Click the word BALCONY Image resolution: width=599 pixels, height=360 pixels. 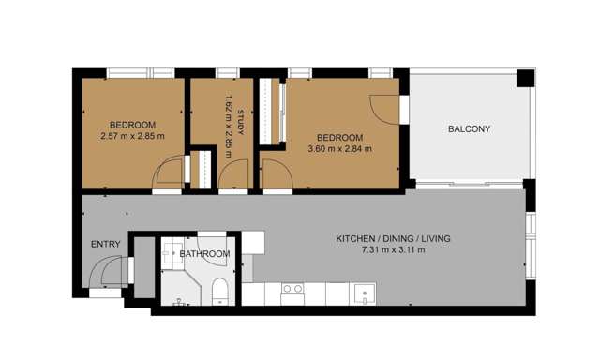click(x=469, y=129)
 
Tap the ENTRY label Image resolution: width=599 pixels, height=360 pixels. click(x=105, y=245)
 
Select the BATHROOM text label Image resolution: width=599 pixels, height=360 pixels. click(x=204, y=254)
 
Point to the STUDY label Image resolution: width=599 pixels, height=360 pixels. click(x=240, y=124)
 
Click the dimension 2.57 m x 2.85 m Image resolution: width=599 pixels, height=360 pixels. click(x=132, y=137)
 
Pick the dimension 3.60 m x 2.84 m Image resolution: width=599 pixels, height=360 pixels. click(x=339, y=148)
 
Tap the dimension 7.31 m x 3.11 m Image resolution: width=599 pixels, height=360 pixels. click(x=393, y=250)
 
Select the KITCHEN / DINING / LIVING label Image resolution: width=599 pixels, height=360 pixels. click(x=393, y=239)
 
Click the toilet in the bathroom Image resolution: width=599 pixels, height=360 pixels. click(x=217, y=292)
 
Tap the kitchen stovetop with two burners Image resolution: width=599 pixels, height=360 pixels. click(x=292, y=289)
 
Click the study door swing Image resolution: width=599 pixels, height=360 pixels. click(x=234, y=174)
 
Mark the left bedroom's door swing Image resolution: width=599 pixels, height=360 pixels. click(x=168, y=174)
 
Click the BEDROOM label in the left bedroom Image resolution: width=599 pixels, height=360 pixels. click(x=132, y=125)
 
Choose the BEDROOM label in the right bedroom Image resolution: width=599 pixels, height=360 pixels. click(x=339, y=137)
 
